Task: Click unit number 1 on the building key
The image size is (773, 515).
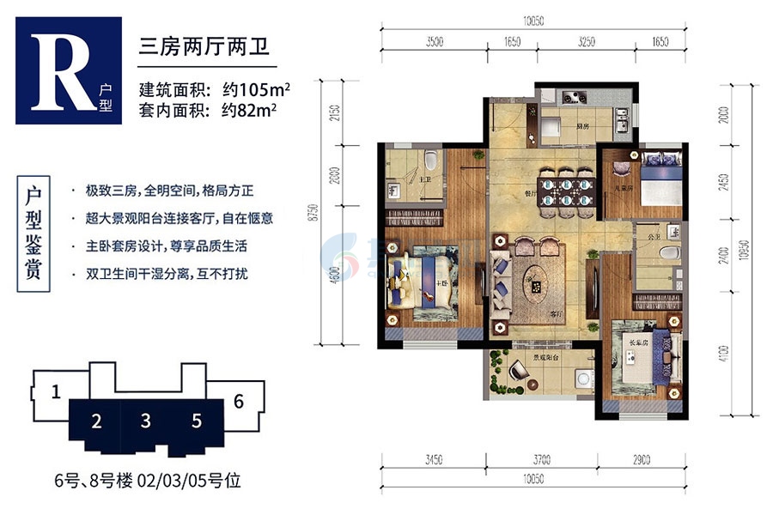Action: coord(54,393)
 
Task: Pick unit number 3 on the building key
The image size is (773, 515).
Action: coord(147,421)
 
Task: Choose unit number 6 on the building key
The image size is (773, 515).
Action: coord(238,401)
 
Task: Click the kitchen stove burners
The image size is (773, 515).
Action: coord(570,96)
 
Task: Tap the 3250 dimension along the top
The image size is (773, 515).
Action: coord(587,40)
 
